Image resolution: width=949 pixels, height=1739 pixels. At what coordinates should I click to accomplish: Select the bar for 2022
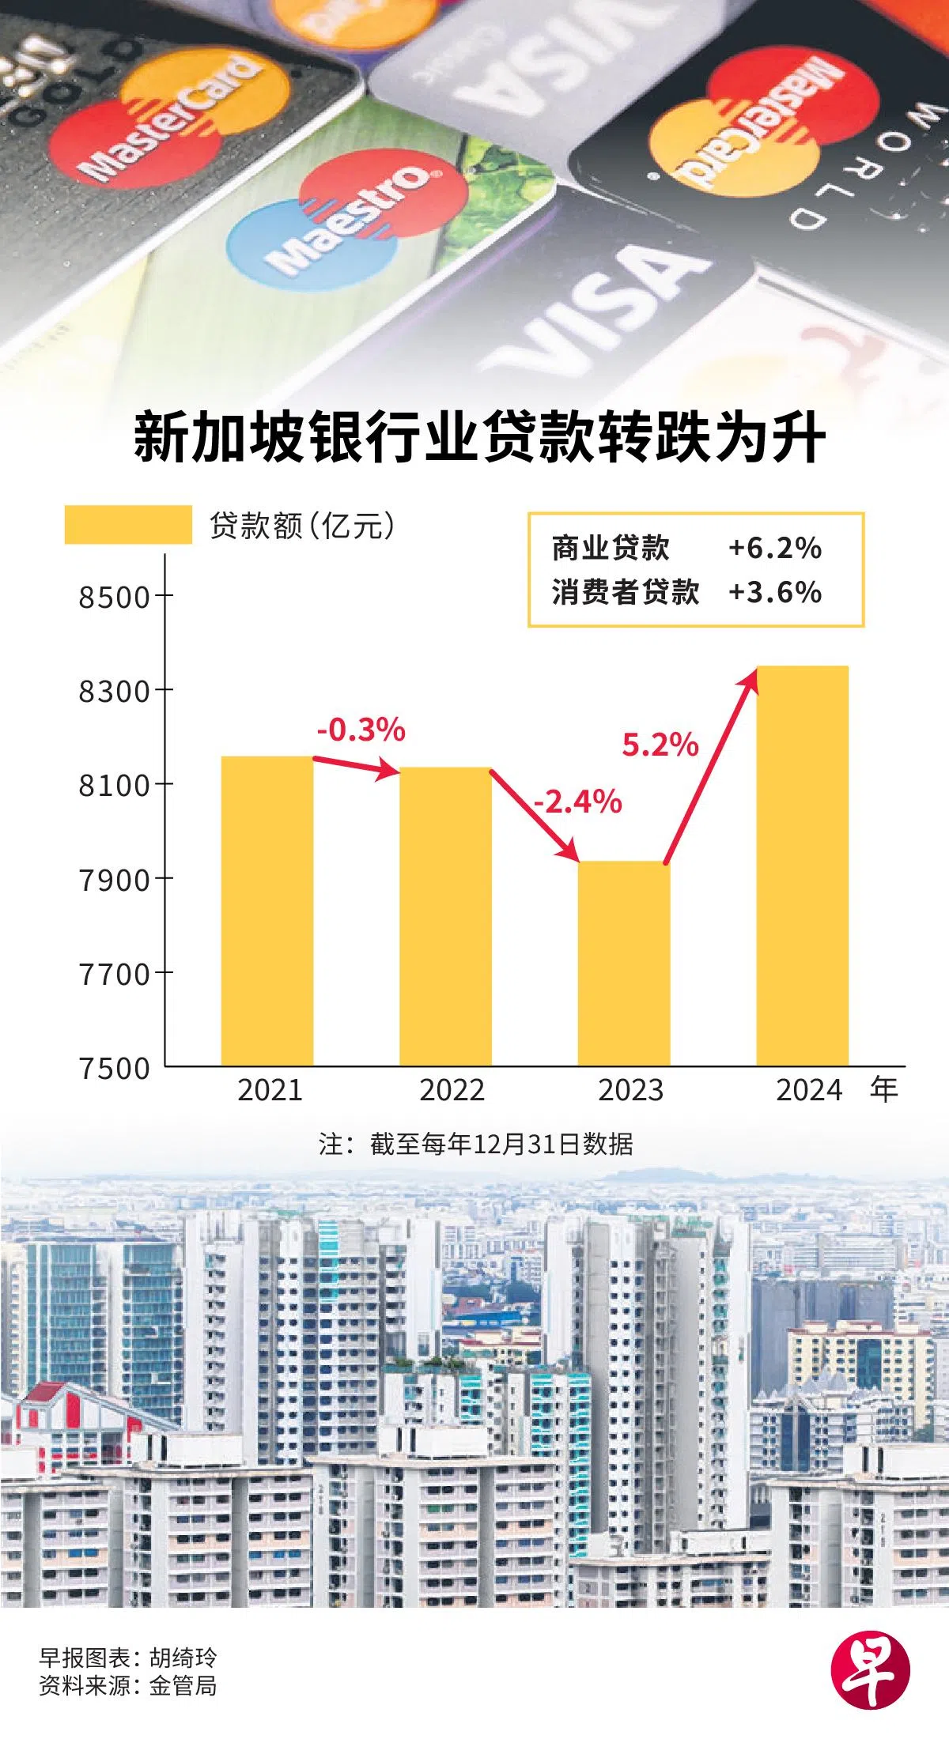(x=445, y=916)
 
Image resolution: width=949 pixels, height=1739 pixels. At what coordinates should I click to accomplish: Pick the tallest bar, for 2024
(x=802, y=866)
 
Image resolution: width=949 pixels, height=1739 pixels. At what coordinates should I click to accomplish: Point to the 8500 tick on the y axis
(x=114, y=597)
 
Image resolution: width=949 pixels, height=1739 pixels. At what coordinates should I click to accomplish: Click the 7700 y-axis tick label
(x=114, y=974)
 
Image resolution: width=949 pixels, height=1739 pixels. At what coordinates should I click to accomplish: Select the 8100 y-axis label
(x=114, y=786)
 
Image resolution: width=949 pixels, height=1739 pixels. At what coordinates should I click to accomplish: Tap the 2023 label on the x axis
(x=630, y=1090)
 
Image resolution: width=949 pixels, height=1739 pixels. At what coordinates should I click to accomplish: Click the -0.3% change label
(x=361, y=730)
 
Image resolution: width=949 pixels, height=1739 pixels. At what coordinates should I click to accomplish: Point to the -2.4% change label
(x=577, y=802)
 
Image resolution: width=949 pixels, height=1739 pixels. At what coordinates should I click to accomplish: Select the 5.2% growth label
(x=660, y=745)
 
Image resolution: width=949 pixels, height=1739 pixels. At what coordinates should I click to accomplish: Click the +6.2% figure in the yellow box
(x=774, y=548)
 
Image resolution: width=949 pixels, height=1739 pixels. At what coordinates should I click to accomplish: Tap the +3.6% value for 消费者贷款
(x=774, y=592)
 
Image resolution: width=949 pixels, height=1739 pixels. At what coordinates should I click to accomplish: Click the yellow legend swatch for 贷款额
(x=128, y=525)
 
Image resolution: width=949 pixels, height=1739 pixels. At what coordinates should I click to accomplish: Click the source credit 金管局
(x=183, y=1685)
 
